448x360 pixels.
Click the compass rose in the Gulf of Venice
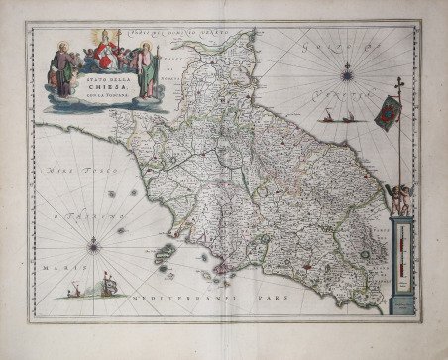point(347,72)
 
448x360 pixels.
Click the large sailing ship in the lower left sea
point(110,286)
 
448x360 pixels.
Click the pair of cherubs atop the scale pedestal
point(398,199)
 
